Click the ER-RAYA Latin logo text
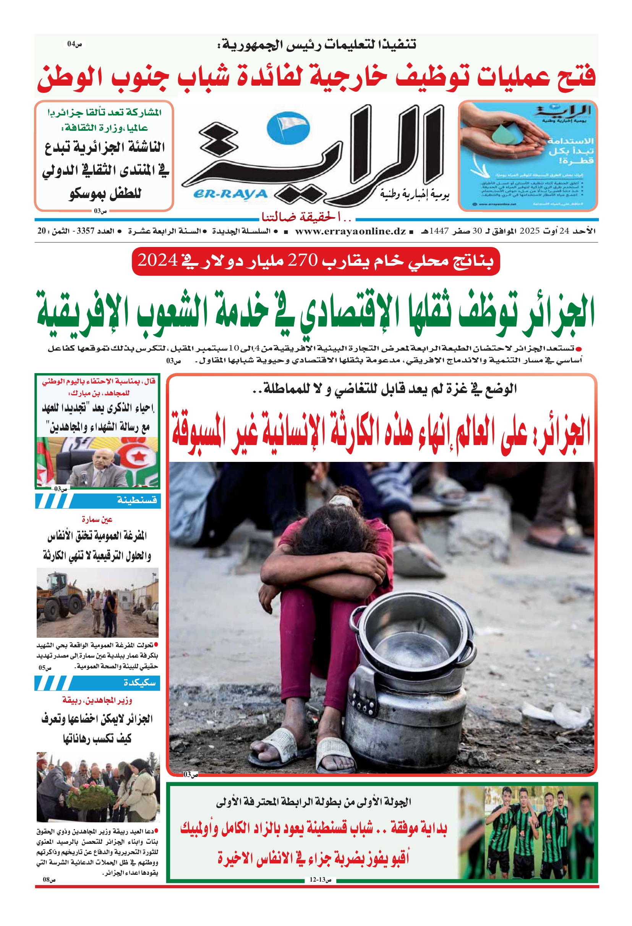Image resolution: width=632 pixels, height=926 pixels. tap(230, 194)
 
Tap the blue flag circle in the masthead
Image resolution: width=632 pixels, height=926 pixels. tap(287, 127)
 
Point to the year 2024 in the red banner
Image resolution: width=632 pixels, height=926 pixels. tap(157, 261)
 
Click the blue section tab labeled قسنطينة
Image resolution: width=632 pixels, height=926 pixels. tap(136, 500)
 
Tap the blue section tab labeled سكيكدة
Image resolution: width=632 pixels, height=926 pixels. tap(139, 682)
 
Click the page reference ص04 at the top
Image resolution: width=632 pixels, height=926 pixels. tap(75, 44)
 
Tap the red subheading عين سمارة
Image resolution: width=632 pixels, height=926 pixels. tap(97, 520)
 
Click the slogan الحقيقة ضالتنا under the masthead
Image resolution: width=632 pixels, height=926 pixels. tap(307, 217)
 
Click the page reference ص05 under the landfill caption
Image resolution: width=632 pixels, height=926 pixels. tap(45, 668)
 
